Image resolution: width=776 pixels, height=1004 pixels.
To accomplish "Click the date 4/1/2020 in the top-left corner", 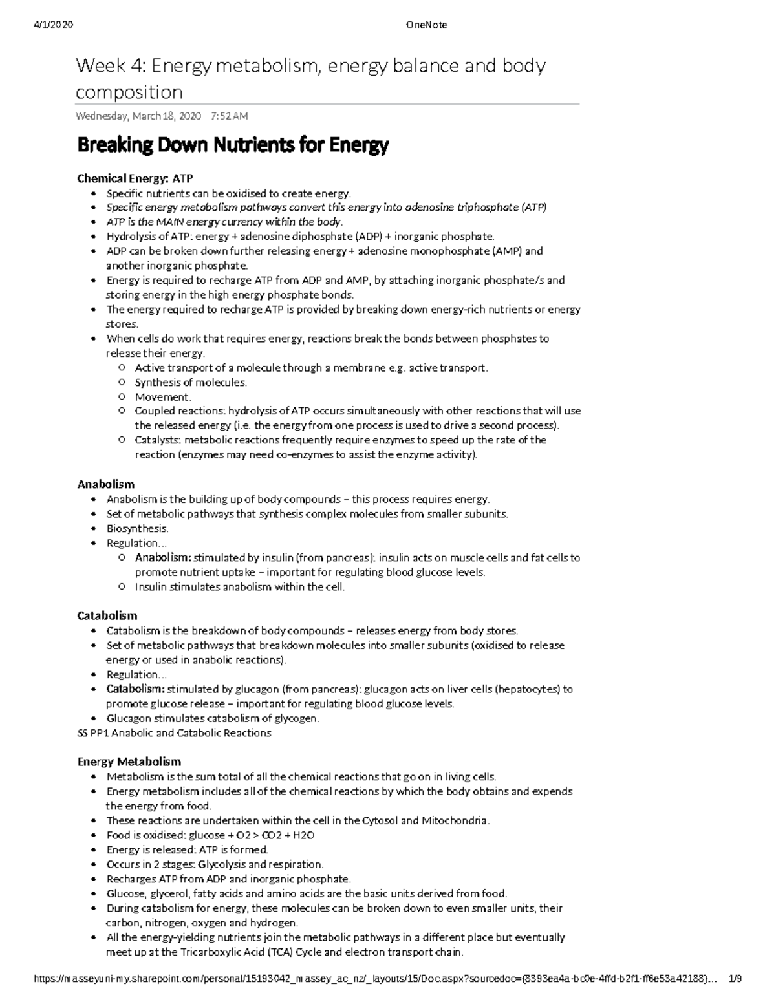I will [53, 25].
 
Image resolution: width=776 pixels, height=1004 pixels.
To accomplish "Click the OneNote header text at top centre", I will [426, 25].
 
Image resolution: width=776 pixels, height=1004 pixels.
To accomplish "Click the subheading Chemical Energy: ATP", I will [135, 178].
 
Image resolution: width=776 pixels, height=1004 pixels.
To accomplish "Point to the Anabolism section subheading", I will [106, 484].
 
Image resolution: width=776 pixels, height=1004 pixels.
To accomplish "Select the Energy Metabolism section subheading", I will [129, 762].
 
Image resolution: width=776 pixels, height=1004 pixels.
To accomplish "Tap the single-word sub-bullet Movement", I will [162, 397].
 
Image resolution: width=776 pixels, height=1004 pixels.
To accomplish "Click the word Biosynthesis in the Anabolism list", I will [137, 528].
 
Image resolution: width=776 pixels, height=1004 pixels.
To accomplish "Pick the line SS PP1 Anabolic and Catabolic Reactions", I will [174, 733].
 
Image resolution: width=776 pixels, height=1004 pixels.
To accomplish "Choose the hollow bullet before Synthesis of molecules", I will [122, 383].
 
